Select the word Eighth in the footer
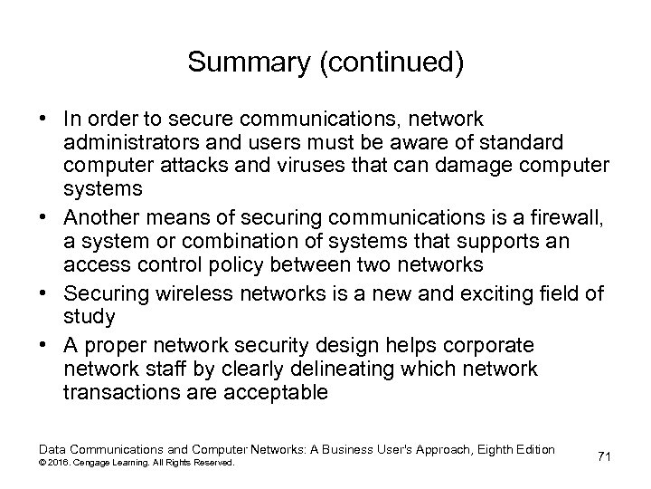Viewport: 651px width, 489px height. coord(487,449)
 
